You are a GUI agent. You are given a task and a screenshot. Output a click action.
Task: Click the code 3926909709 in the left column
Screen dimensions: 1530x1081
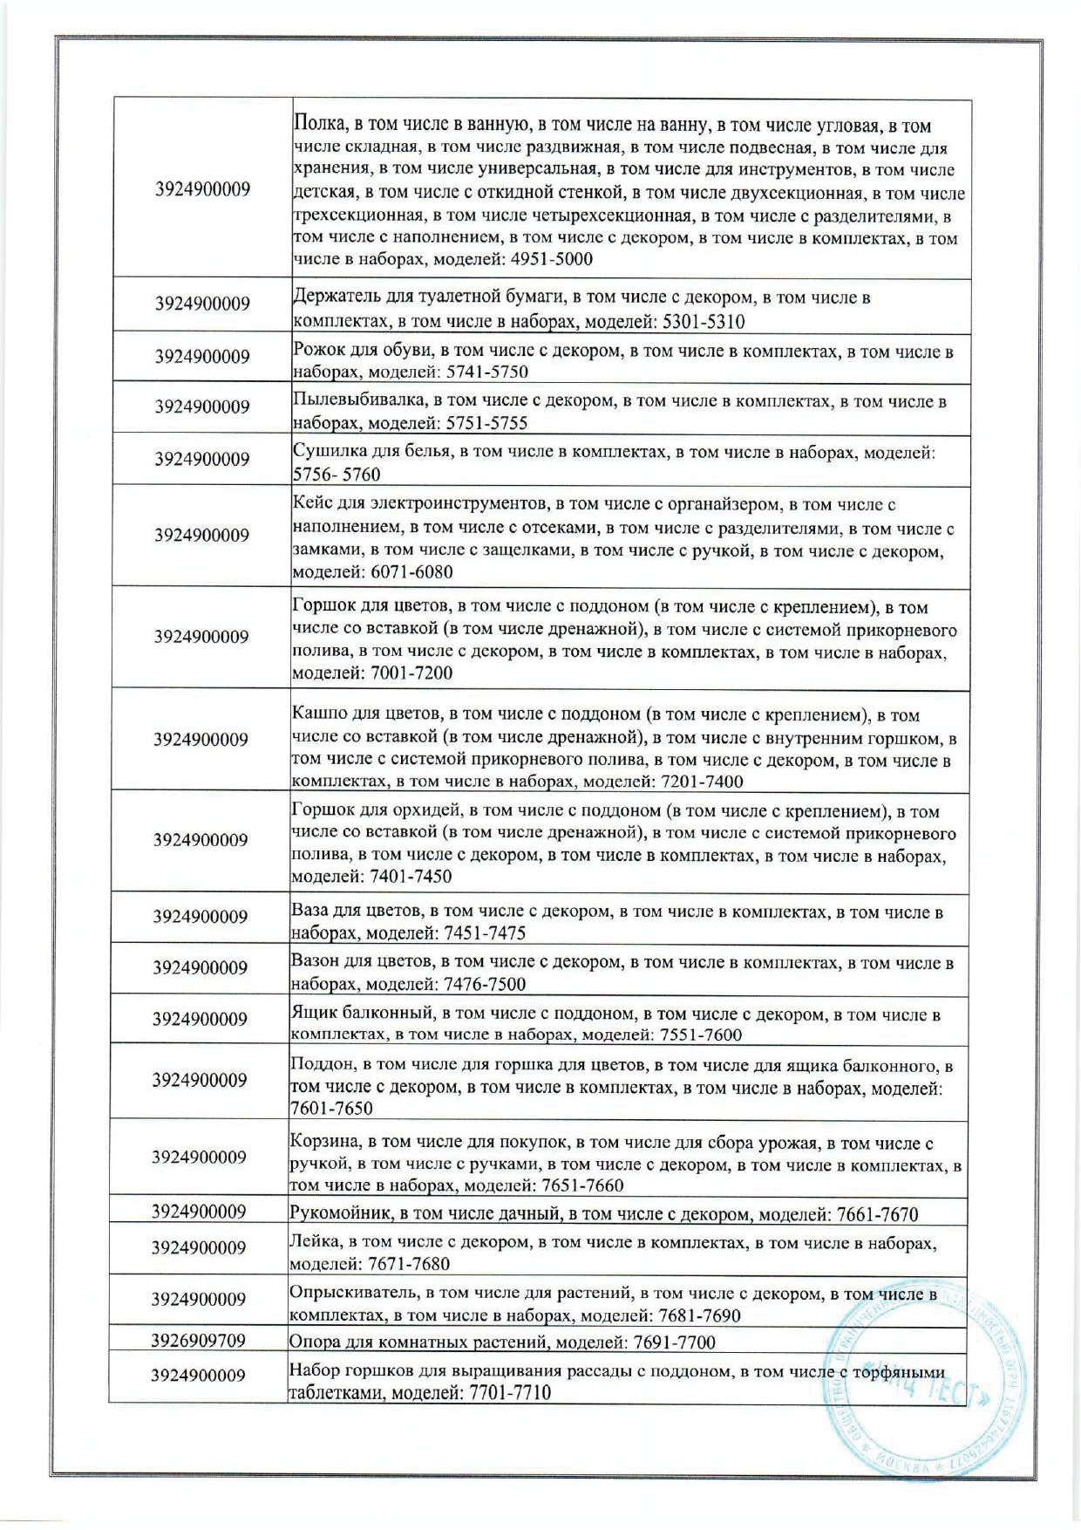pyautogui.click(x=198, y=1340)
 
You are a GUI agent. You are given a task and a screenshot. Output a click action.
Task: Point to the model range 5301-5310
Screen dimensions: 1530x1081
pyautogui.click(x=704, y=322)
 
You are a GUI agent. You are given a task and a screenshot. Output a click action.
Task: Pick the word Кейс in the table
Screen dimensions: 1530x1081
pyautogui.click(x=310, y=504)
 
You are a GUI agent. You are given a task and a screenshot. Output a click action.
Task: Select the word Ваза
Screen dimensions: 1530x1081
pyautogui.click(x=309, y=913)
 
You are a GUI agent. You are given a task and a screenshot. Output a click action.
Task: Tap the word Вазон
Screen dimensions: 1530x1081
pyautogui.click(x=315, y=963)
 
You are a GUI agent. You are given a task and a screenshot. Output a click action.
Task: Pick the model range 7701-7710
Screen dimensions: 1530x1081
pyautogui.click(x=510, y=1393)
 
